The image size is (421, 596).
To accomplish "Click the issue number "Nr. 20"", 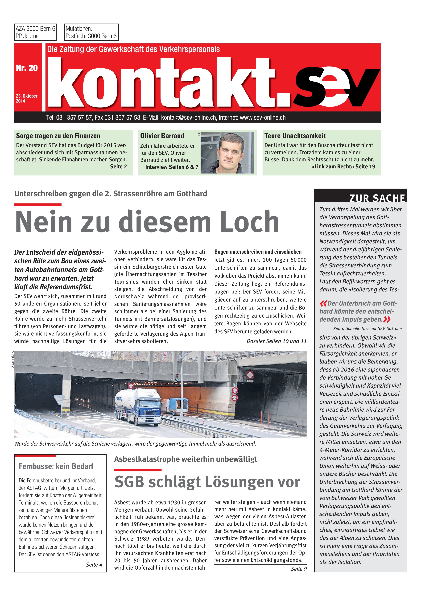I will (x=27, y=68).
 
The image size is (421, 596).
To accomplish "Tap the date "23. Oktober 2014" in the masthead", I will (x=26, y=98).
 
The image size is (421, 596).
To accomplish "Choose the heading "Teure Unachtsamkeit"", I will (x=295, y=136).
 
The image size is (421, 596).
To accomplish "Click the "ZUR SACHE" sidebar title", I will (x=377, y=198).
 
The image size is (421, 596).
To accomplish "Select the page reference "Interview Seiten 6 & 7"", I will (x=172, y=167).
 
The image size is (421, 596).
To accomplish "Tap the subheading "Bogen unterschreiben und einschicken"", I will (x=258, y=252).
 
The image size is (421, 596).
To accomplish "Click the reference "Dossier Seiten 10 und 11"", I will (x=277, y=341).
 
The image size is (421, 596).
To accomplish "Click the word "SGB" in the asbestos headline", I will (x=129, y=482).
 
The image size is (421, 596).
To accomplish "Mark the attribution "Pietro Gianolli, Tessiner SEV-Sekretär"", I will (x=367, y=328).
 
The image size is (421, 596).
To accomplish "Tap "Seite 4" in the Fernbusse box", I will (x=94, y=565).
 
